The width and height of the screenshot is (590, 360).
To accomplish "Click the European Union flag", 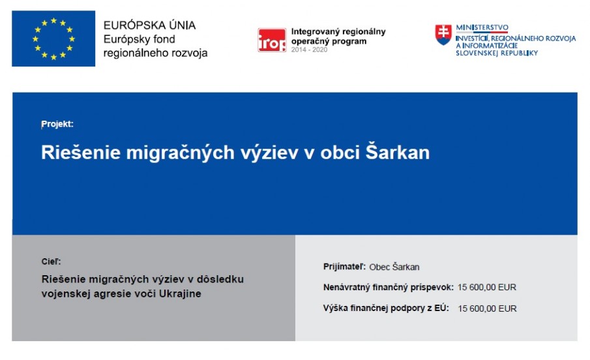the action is pyautogui.click(x=53, y=38).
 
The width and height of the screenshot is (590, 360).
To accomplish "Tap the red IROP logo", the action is pyautogui.click(x=272, y=40).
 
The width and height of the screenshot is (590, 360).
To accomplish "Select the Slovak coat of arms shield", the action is pyautogui.click(x=443, y=35).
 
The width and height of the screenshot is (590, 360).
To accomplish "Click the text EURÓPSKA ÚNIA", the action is pyautogui.click(x=149, y=25).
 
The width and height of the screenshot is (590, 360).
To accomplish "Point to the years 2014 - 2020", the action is pyautogui.click(x=309, y=50).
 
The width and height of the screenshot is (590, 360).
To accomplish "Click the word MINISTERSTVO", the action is pyautogui.click(x=482, y=27).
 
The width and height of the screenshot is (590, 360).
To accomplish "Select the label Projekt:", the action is pyautogui.click(x=57, y=124).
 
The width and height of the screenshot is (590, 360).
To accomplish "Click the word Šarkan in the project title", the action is pyautogui.click(x=397, y=152).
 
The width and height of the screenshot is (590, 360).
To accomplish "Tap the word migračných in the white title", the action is pyautogui.click(x=180, y=153).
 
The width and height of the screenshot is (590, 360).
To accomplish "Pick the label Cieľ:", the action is pyautogui.click(x=51, y=262).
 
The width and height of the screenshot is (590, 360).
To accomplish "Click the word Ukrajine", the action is pyautogui.click(x=180, y=293).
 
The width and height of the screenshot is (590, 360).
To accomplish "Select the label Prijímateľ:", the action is pyautogui.click(x=344, y=267).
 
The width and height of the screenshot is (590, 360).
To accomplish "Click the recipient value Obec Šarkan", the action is pyautogui.click(x=394, y=267).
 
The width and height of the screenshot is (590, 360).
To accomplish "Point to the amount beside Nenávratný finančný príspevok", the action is pyautogui.click(x=487, y=288).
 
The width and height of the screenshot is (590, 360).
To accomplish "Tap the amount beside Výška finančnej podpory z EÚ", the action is pyautogui.click(x=487, y=308).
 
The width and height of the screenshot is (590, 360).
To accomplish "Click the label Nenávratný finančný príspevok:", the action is pyautogui.click(x=389, y=288).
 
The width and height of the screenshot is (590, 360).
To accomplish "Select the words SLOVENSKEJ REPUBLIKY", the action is pyautogui.click(x=497, y=53).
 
